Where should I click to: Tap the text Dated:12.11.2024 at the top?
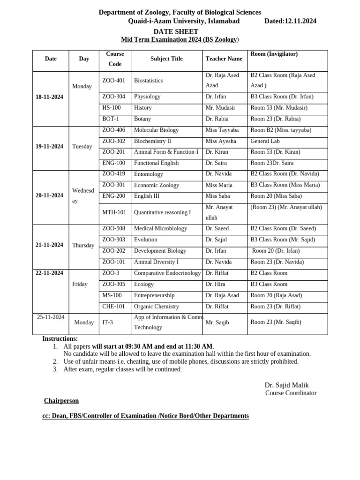click(290, 21)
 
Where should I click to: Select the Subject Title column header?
click(166, 59)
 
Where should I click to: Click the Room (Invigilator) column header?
click(274, 54)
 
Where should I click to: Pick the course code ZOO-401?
click(113, 81)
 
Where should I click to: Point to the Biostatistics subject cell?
click(148, 81)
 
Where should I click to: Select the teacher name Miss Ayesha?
click(221, 141)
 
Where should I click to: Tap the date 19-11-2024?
click(49, 147)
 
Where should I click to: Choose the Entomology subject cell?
click(149, 174)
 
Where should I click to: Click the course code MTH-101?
click(114, 212)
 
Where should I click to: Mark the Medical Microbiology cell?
click(160, 229)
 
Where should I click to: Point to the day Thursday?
click(83, 246)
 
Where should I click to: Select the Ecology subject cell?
click(144, 285)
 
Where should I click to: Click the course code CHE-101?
click(114, 307)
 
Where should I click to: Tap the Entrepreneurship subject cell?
click(154, 296)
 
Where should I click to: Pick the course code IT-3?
click(107, 322)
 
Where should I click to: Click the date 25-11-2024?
click(51, 317)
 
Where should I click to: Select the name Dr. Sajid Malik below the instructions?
click(286, 385)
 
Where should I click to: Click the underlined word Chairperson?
click(61, 401)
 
